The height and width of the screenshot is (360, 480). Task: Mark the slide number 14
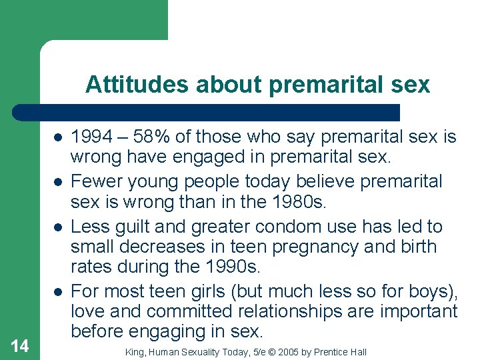20,345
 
